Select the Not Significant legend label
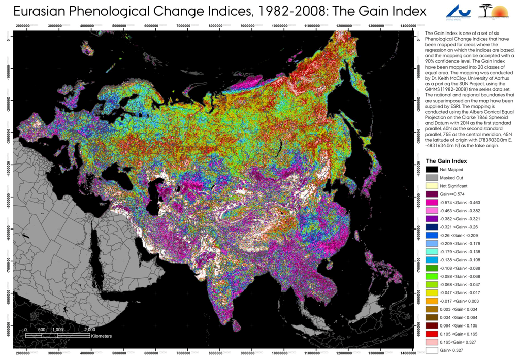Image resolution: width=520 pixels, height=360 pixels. (x=454, y=186)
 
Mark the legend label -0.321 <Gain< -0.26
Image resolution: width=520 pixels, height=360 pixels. (x=459, y=227)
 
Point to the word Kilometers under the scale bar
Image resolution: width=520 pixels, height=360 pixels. (x=102, y=336)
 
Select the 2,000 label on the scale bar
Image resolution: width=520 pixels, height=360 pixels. (x=82, y=329)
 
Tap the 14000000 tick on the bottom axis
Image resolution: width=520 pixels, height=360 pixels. (x=406, y=353)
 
